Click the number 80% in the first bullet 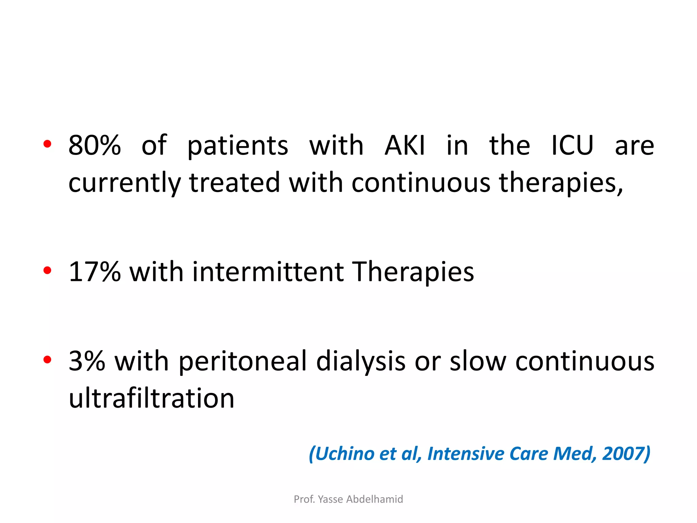[95, 145]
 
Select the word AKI [405, 145]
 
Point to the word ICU [572, 145]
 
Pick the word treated [234, 183]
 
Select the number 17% [95, 272]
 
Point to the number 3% [87, 361]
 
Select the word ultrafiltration [151, 398]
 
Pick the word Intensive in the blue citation [466, 454]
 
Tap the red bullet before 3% [47, 360]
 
